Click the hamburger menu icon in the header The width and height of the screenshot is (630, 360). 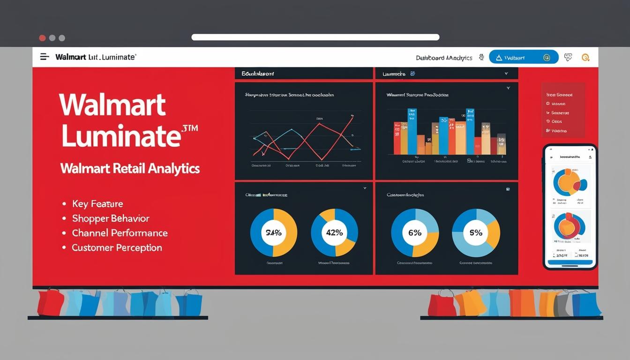click(x=45, y=57)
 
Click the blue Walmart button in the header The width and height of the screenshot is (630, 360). click(x=523, y=57)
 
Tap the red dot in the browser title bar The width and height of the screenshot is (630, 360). click(x=42, y=38)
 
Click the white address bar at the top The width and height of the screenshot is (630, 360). click(x=315, y=37)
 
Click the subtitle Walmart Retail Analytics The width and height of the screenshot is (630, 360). click(x=130, y=169)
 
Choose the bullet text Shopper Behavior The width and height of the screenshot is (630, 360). click(x=111, y=218)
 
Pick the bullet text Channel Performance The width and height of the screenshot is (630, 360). click(x=120, y=233)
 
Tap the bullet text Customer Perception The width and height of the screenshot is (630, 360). click(x=117, y=247)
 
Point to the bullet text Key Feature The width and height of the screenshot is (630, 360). click(x=97, y=204)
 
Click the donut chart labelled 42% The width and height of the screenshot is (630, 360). click(x=334, y=232)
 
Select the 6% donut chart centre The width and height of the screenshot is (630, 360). click(x=415, y=232)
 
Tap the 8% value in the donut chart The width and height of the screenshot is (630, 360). click(x=476, y=232)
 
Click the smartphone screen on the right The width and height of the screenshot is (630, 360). click(x=570, y=206)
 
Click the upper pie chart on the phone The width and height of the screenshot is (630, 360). click(x=570, y=182)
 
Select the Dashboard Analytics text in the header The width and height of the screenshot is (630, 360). click(x=444, y=58)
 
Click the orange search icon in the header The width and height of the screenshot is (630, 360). click(x=585, y=57)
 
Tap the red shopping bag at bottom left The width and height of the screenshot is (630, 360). click(x=50, y=302)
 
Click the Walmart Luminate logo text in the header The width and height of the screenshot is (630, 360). click(x=96, y=57)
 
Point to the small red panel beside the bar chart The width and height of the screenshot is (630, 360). click(x=563, y=110)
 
